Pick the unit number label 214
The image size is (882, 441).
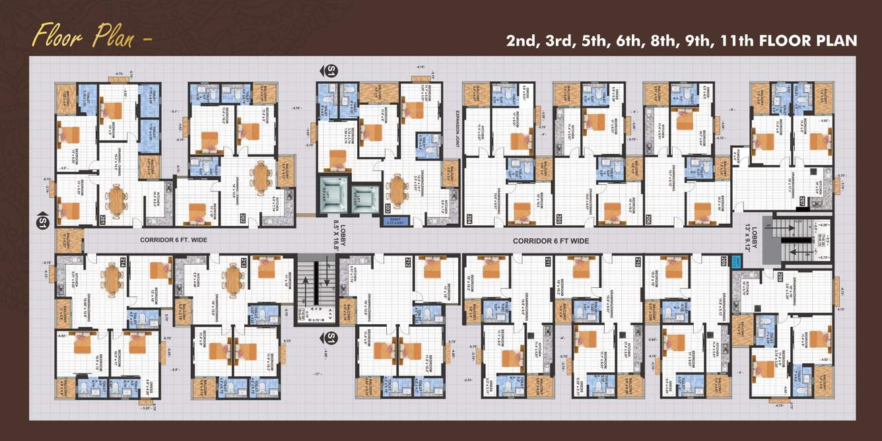pyautogui.click(x=123, y=262)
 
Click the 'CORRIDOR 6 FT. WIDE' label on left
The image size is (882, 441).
pyautogui.click(x=174, y=240)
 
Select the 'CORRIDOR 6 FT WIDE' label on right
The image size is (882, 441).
pyautogui.click(x=551, y=241)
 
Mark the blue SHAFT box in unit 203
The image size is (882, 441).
pyautogui.click(x=396, y=221)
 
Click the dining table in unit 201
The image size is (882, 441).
pyautogui.click(x=117, y=200)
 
